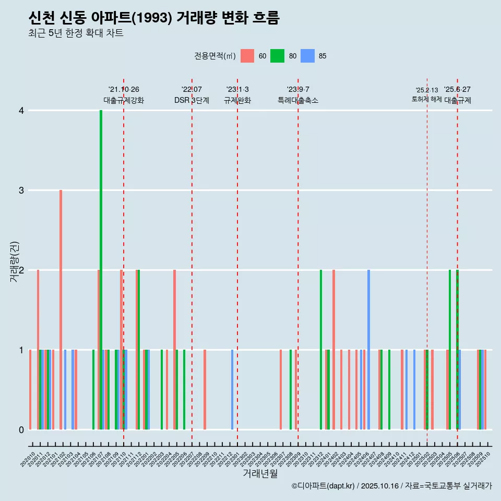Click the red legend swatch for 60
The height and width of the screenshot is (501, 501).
pos(247,56)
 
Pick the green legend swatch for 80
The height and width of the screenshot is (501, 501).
pos(277,56)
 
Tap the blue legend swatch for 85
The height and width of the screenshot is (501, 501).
pos(308,56)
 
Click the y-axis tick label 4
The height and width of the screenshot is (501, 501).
pos(21,111)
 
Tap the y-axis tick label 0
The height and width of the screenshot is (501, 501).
pos(21,430)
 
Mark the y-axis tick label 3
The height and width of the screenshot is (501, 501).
pos(21,190)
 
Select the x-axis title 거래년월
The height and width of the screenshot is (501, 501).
pos(260,473)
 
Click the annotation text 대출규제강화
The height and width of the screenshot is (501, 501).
pos(124,100)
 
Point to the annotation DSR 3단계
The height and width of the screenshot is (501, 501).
pos(192,100)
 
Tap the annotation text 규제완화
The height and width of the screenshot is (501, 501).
pos(237,100)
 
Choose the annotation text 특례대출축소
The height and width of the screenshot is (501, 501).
pos(298,100)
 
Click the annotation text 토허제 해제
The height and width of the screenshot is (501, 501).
pos(426,99)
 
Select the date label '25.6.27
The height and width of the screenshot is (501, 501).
pos(457,90)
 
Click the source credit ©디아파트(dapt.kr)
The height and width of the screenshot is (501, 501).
pos(324,486)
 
